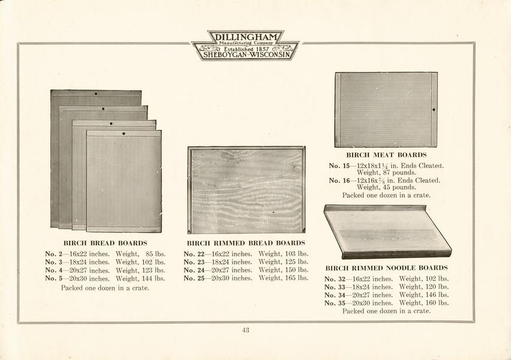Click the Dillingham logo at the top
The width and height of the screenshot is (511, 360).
coord(245,46)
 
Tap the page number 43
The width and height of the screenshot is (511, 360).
coord(246,330)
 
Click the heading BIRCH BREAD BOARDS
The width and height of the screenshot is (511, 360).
coord(106,243)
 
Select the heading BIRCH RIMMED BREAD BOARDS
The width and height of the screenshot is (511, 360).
coord(246,243)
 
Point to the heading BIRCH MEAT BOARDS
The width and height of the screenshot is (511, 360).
coord(386,155)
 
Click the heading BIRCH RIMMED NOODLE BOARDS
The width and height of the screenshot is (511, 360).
coord(386,268)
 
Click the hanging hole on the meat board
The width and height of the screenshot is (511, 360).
coord(434,110)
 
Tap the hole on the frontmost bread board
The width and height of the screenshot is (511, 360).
coord(124,133)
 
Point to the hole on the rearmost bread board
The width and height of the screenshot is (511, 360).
coord(96,94)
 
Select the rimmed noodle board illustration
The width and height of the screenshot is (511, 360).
coord(388,232)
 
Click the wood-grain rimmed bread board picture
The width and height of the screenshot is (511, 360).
coord(247,190)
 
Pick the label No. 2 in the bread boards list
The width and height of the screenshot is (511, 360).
coord(53,254)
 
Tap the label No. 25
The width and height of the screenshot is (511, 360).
coord(194,278)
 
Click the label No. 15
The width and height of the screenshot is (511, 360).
coord(339,166)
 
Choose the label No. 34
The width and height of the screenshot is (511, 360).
coord(335,295)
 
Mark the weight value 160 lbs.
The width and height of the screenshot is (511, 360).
coord(437,303)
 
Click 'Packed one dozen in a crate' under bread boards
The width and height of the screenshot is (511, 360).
coord(105,288)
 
